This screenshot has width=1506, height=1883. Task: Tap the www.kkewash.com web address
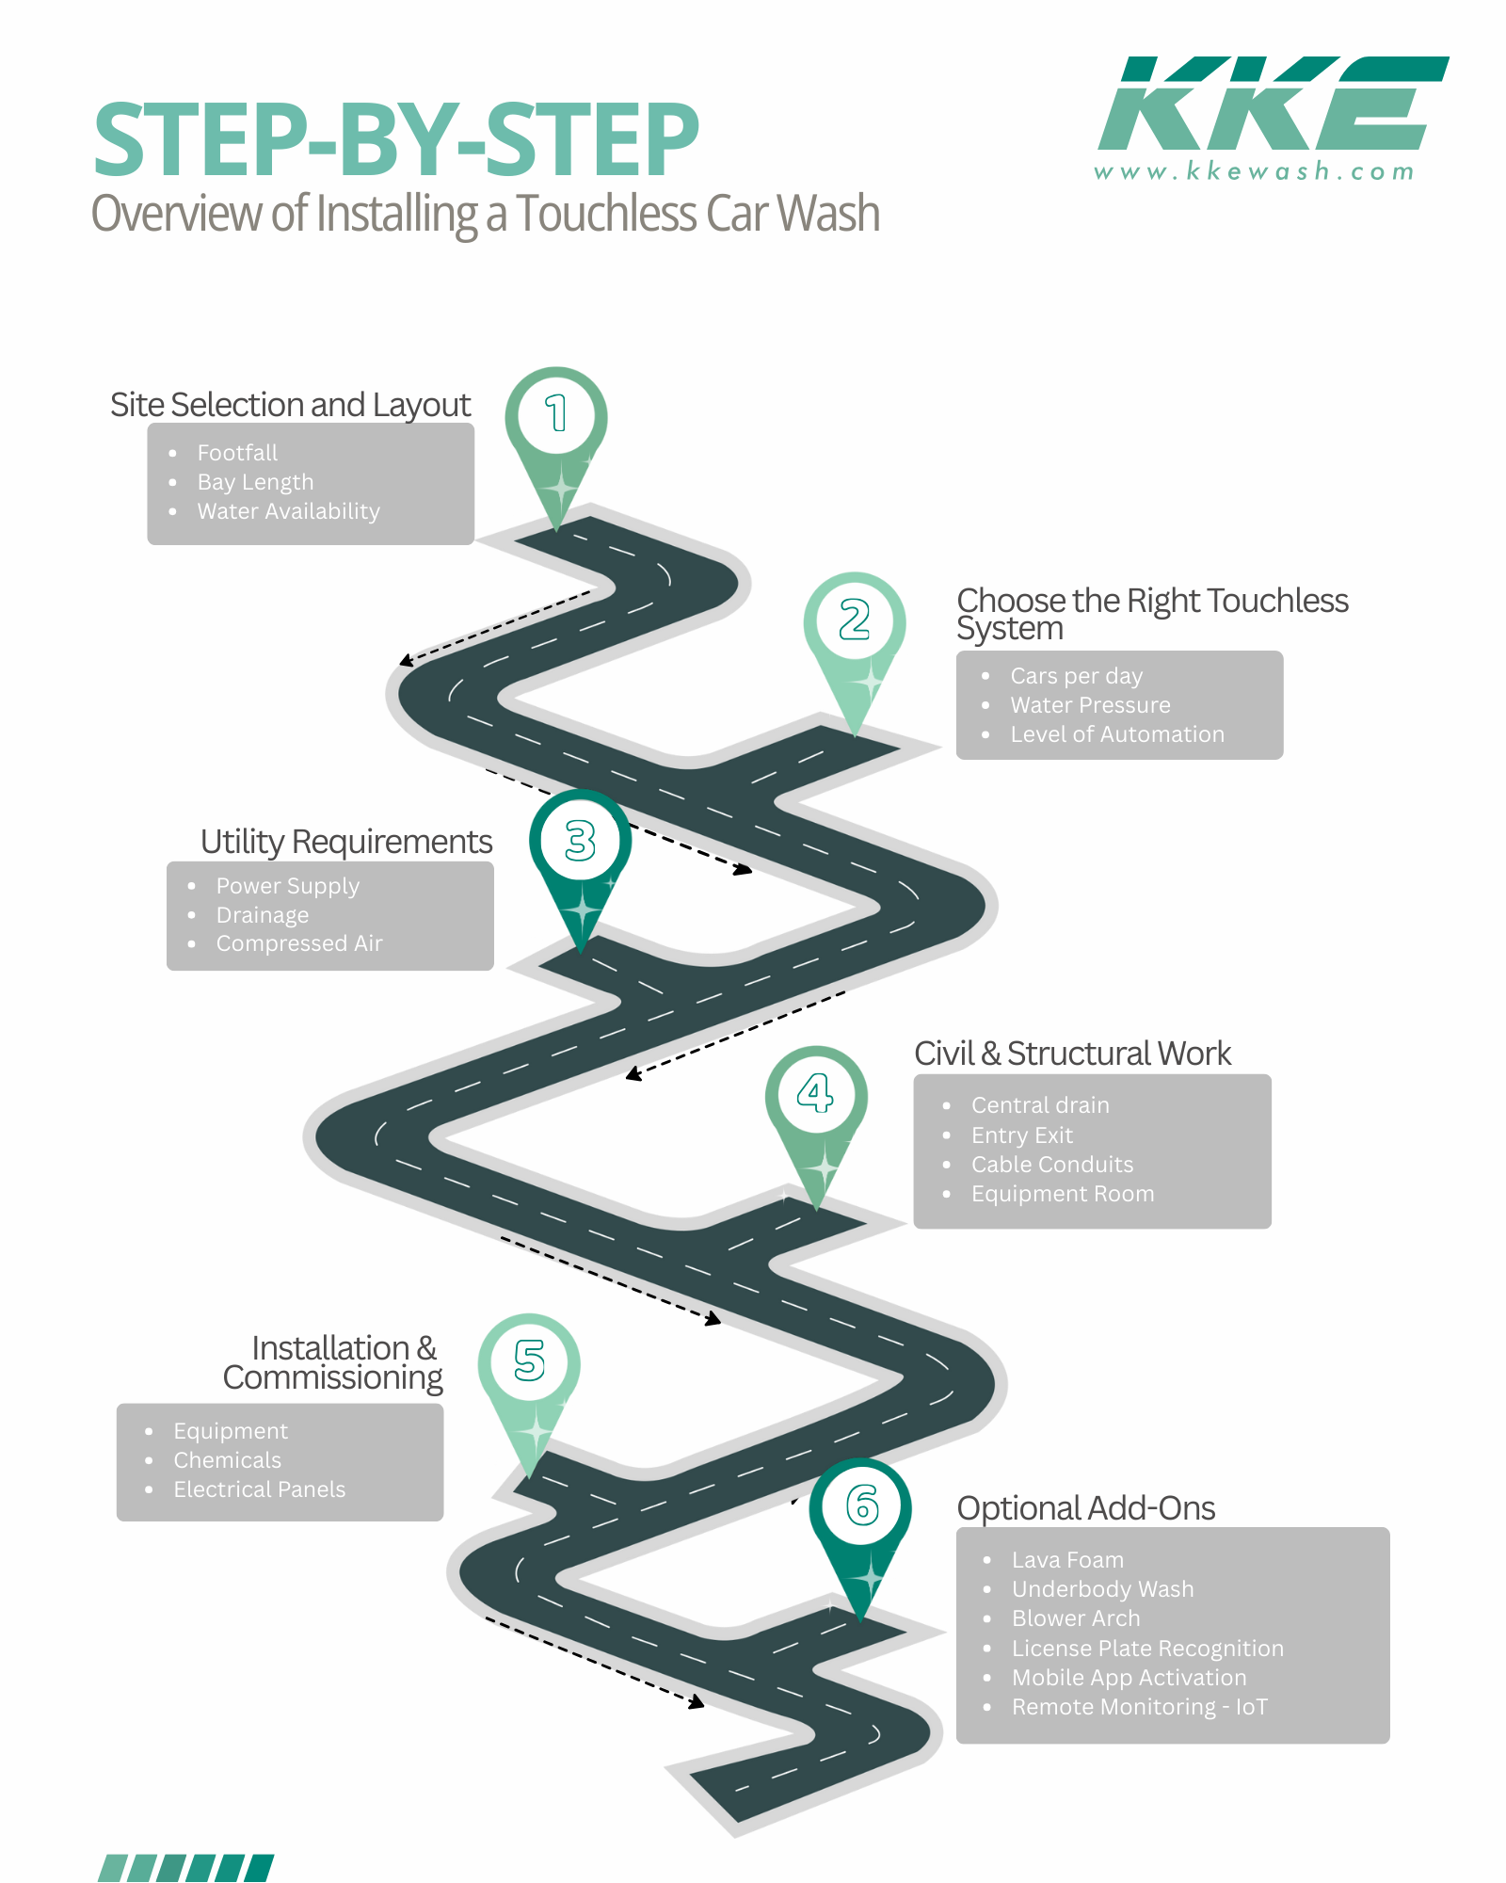(x=1254, y=171)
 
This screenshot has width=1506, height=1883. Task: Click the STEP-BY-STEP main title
(x=396, y=140)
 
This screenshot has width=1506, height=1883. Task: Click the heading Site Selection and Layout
(x=290, y=405)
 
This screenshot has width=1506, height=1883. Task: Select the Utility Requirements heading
(x=346, y=842)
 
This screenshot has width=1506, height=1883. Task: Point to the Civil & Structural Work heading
(x=1072, y=1054)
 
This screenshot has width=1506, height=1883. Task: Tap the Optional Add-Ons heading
(x=1086, y=1508)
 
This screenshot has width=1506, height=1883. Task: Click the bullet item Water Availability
(x=288, y=511)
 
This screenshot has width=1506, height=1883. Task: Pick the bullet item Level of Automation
(x=1117, y=734)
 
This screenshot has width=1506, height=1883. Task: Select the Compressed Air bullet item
(x=299, y=943)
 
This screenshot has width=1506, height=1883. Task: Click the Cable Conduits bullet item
(x=1052, y=1165)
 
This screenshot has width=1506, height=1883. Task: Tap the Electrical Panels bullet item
(x=259, y=1489)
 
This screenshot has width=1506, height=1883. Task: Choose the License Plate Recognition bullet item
(x=1147, y=1649)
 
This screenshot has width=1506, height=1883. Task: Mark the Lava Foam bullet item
(x=1067, y=1560)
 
